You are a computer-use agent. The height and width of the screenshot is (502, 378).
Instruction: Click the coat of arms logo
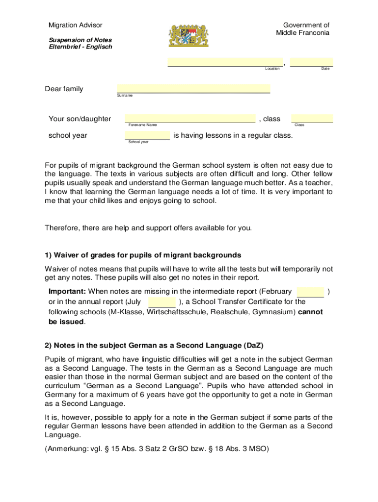point(189,35)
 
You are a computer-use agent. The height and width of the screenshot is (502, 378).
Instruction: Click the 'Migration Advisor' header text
point(75,25)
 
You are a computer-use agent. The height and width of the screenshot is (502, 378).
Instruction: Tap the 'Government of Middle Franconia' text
point(302,29)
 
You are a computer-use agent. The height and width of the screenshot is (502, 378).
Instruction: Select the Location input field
point(225,62)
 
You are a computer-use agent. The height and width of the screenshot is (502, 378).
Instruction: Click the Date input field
point(311,62)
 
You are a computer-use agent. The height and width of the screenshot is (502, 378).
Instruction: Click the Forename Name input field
point(189,118)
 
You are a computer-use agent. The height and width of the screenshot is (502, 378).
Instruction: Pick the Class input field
point(312,118)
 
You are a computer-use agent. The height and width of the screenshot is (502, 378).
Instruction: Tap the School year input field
point(147,135)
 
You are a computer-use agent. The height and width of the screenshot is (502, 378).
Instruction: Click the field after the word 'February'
point(310,292)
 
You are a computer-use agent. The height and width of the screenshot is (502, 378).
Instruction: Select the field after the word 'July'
point(162,302)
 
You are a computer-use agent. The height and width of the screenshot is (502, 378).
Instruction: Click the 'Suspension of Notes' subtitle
point(80,40)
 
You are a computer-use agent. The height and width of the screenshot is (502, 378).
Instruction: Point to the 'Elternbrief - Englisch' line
point(81,47)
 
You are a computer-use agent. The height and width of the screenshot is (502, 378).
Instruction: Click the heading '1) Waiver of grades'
point(143,255)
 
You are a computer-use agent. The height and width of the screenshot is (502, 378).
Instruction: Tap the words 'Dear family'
point(64,89)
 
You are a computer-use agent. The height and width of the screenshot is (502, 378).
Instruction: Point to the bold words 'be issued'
point(66,322)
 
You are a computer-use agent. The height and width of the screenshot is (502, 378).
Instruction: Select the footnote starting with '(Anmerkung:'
point(157,449)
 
